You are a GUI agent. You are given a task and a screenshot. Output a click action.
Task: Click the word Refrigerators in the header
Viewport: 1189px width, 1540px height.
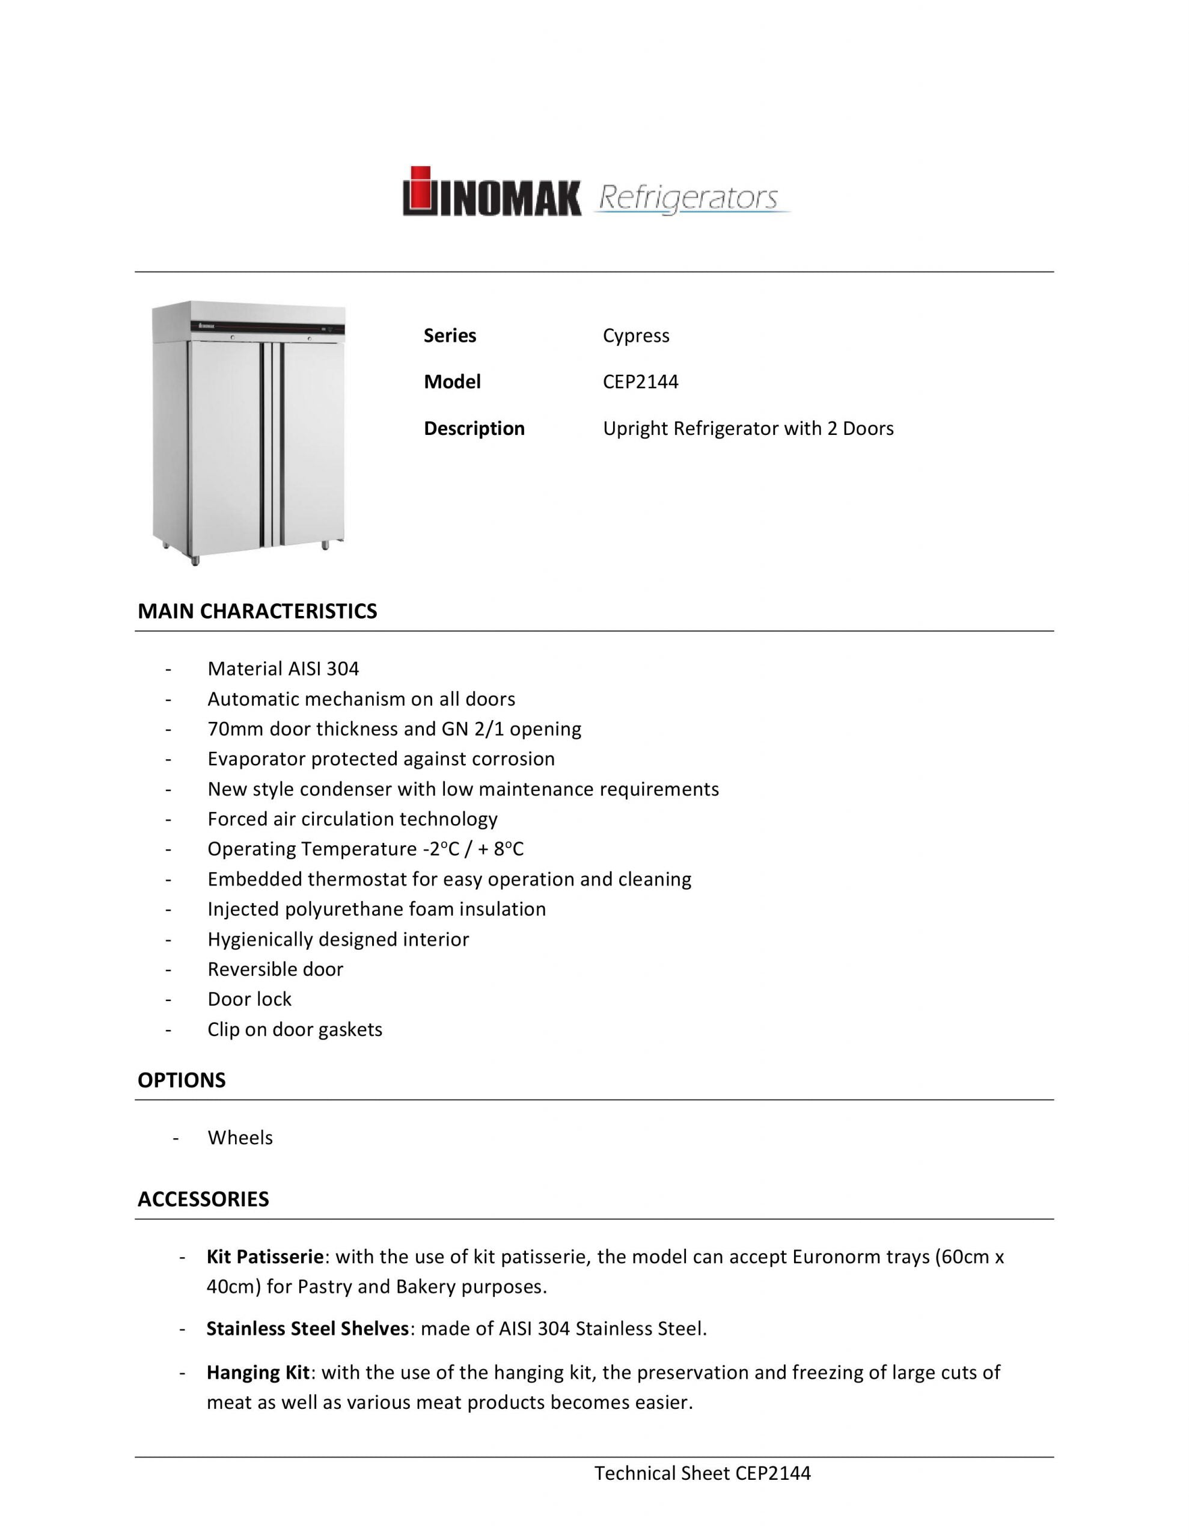tap(688, 198)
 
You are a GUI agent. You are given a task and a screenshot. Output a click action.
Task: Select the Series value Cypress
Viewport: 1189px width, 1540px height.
tap(636, 336)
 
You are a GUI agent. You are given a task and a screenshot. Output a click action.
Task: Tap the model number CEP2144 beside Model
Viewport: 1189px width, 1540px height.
tap(640, 382)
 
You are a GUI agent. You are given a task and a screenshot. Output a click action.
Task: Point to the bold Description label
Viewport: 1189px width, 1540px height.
tap(474, 429)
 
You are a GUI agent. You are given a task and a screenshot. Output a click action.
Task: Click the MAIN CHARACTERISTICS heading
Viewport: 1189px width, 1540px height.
tap(257, 611)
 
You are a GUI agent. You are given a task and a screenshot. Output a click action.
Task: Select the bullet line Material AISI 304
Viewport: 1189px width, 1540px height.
tap(283, 668)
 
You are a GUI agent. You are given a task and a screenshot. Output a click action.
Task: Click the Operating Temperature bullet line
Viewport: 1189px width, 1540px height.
tap(365, 849)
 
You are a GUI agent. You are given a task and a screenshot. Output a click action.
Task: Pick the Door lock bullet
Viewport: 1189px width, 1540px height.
tap(249, 999)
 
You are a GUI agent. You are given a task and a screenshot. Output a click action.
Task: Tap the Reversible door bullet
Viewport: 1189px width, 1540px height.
tap(275, 970)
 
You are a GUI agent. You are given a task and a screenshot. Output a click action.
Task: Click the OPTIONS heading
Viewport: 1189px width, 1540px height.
tap(181, 1081)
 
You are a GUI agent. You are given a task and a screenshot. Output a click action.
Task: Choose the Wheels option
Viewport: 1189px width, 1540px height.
tap(240, 1138)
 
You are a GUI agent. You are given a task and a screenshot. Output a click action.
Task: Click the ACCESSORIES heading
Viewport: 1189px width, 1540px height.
tap(203, 1200)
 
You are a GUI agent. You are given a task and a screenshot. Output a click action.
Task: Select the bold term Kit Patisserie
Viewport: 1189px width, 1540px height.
tap(264, 1257)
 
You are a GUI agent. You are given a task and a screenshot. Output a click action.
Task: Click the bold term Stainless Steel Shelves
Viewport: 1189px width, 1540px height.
tap(307, 1329)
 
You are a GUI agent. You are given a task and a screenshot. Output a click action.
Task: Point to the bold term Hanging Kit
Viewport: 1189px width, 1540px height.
tap(258, 1373)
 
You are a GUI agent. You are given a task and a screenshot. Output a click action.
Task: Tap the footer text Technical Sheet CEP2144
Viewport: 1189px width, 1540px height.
tap(702, 1474)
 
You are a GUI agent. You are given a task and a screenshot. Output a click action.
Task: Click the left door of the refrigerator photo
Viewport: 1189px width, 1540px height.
tap(224, 441)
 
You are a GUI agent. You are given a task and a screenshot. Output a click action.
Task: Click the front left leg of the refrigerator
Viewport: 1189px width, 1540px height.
tap(195, 560)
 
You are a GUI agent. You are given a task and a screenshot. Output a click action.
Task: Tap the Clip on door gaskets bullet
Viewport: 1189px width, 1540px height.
tap(295, 1029)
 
